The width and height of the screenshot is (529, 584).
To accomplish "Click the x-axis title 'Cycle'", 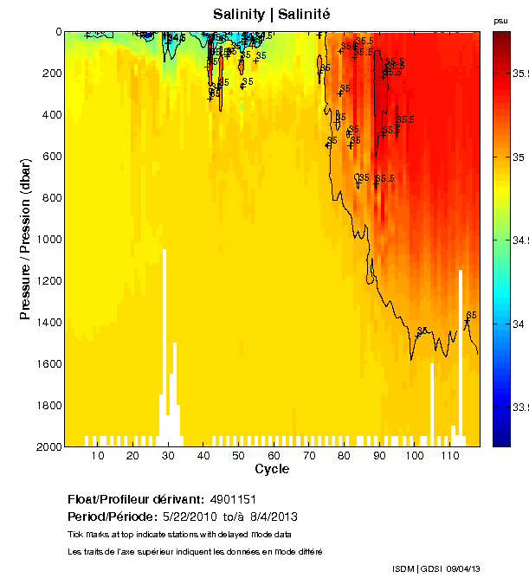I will pyautogui.click(x=272, y=469).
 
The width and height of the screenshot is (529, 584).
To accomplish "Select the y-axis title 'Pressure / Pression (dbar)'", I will pyautogui.click(x=25, y=240).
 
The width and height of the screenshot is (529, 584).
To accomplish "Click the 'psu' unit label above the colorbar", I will pyautogui.click(x=500, y=20).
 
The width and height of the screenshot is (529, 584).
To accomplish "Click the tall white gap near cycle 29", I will pyautogui.click(x=165, y=329).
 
